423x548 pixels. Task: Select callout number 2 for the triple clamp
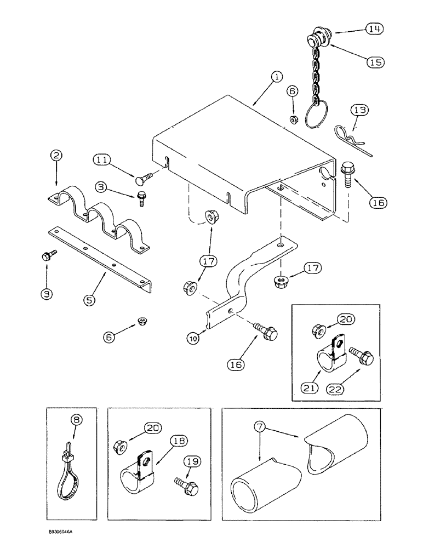(x=55, y=157)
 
